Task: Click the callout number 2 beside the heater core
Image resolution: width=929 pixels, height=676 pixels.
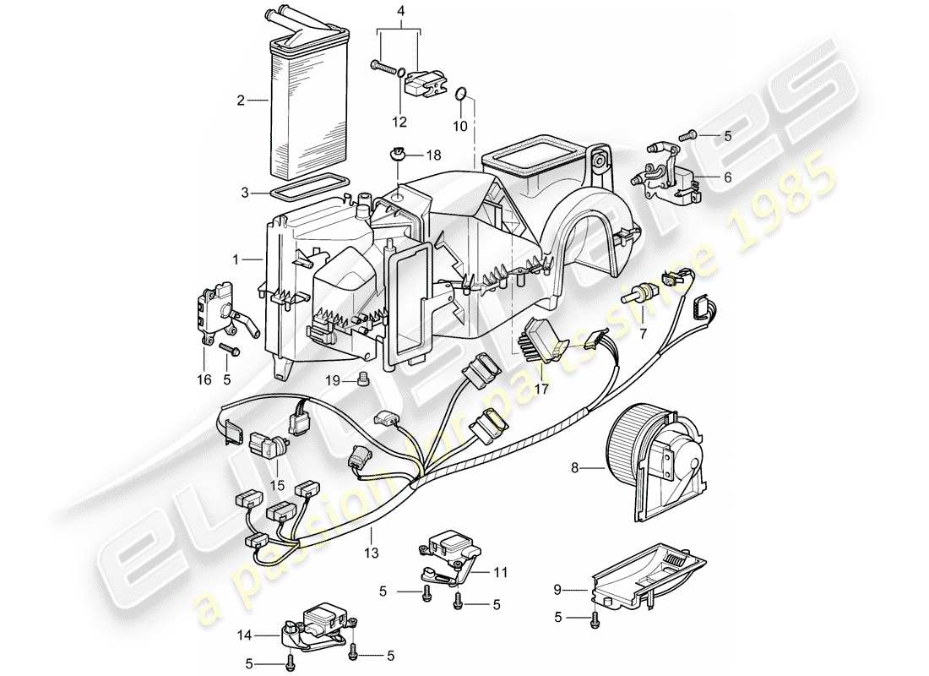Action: click(x=241, y=101)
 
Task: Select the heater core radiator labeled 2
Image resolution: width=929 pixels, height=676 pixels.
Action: click(x=311, y=101)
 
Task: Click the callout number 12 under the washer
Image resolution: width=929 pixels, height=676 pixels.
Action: click(x=400, y=122)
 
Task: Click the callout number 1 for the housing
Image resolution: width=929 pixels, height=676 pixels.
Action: click(x=236, y=260)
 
